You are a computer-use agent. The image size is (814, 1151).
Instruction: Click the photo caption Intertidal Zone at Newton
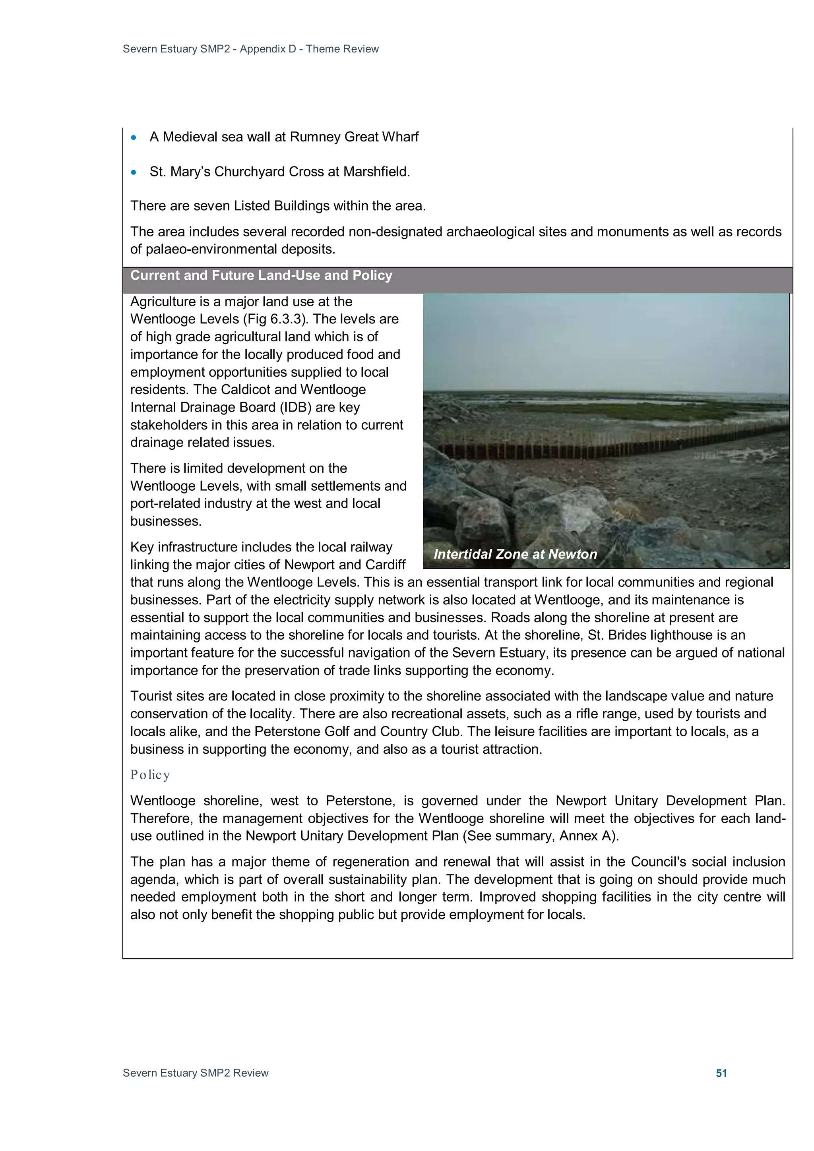pos(515,554)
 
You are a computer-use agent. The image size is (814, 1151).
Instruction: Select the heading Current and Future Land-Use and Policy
pos(261,275)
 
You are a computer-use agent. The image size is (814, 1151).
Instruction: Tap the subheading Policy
pos(150,775)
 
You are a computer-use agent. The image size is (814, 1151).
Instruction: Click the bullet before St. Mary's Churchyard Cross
pos(134,172)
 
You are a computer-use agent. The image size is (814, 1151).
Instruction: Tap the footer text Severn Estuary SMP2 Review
pos(196,1073)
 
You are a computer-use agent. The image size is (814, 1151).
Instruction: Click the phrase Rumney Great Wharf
pos(354,137)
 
